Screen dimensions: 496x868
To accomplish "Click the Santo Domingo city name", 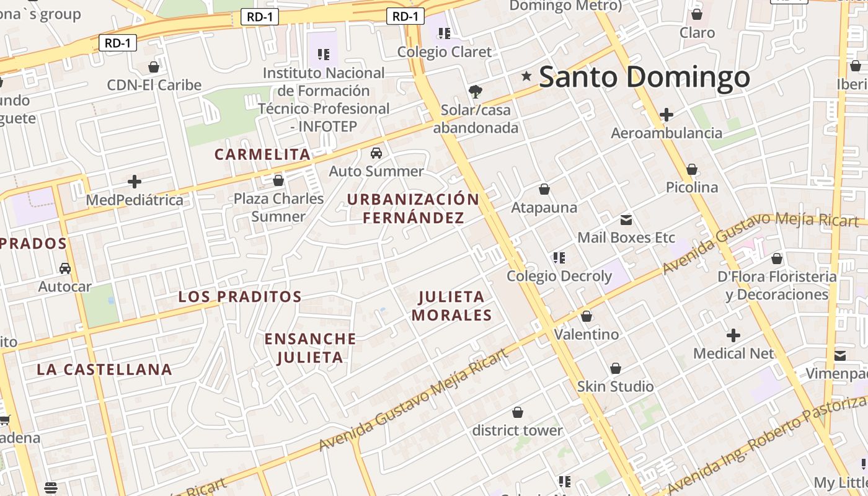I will (x=644, y=77).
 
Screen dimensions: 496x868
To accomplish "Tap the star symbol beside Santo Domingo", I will (x=526, y=76).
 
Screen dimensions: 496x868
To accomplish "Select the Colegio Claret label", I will (x=444, y=52).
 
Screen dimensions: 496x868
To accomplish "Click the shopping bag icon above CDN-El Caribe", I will (x=154, y=67).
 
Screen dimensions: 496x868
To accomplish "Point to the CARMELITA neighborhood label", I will (x=262, y=154).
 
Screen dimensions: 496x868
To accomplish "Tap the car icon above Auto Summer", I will (x=376, y=153).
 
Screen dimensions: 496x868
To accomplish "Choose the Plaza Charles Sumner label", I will (x=278, y=207).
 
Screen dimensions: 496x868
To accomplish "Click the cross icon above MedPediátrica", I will (x=134, y=182).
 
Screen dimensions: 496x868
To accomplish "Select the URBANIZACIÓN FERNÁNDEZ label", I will (x=413, y=208).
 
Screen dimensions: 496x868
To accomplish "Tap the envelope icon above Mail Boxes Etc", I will (x=626, y=219).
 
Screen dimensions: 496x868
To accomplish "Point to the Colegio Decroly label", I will (x=559, y=276).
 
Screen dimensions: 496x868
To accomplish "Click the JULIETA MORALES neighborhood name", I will (x=451, y=306).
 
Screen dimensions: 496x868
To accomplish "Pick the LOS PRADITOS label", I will (x=240, y=296).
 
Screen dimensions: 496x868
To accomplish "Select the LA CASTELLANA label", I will (x=104, y=370).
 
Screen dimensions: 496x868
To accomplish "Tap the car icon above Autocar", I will (x=64, y=268).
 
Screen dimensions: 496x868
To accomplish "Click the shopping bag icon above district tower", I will (x=517, y=412).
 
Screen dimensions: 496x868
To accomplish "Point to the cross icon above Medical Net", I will (x=733, y=335).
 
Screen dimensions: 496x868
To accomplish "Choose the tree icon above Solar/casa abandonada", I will (x=476, y=92).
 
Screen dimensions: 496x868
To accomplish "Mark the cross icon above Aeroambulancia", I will (x=666, y=115).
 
